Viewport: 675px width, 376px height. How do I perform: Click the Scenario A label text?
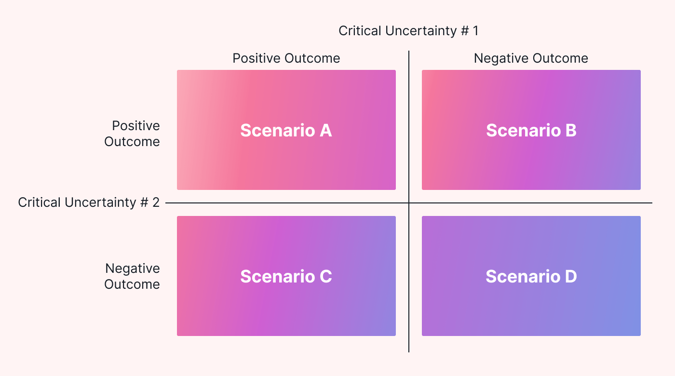click(x=286, y=131)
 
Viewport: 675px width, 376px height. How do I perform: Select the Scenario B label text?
click(x=531, y=131)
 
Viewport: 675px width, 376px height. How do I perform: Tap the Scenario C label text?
click(x=286, y=276)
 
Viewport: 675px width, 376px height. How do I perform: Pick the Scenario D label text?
click(x=531, y=276)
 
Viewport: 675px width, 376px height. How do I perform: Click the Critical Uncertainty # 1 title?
click(x=408, y=31)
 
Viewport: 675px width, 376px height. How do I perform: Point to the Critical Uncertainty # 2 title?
click(x=89, y=202)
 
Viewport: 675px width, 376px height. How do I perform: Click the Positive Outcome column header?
click(x=286, y=58)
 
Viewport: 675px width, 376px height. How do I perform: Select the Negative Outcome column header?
click(x=531, y=58)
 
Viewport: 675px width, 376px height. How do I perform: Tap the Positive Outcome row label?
click(x=132, y=134)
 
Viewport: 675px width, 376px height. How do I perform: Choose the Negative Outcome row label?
click(x=132, y=276)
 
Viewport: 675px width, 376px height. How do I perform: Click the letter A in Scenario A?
click(x=325, y=131)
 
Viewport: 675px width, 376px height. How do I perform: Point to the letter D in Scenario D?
click(x=570, y=276)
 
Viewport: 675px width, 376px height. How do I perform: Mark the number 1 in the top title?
click(x=475, y=31)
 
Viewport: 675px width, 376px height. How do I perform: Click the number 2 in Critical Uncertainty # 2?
click(x=156, y=202)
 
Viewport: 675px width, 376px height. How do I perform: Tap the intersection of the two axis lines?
click(x=409, y=203)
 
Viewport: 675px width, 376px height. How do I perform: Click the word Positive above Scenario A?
click(x=257, y=58)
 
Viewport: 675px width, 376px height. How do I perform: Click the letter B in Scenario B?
click(x=570, y=131)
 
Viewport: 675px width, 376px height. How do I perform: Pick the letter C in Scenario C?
click(x=325, y=276)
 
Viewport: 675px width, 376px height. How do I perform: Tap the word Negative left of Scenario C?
click(x=133, y=268)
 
